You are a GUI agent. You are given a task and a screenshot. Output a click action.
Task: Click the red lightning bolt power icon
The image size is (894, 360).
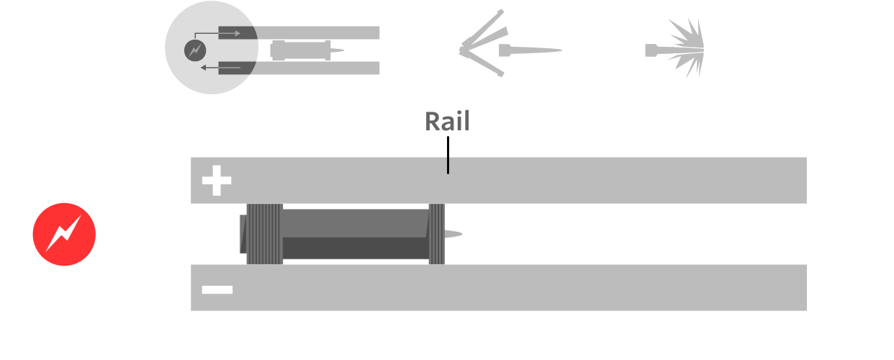coord(64,234)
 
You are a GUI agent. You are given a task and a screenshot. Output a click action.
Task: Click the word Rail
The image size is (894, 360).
coord(447,121)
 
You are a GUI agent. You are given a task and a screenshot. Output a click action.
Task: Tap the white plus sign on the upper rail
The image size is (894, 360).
coord(216,181)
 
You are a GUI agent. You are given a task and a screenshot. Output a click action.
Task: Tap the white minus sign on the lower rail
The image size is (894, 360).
coord(217,289)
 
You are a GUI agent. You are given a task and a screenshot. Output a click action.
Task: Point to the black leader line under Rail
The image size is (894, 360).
coord(448,154)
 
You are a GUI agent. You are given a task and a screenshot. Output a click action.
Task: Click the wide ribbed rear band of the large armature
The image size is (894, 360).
coord(265,234)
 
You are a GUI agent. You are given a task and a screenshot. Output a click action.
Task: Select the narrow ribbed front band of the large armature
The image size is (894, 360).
coord(436,234)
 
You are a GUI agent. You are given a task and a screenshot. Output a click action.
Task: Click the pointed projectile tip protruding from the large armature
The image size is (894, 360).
coord(453,234)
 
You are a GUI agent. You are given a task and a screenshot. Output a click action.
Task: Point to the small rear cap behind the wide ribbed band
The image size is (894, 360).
coord(243,234)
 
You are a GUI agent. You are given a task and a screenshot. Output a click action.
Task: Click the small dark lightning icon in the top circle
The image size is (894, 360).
coord(194,50)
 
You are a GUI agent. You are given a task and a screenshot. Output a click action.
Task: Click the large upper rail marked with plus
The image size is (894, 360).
coord(576,180)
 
